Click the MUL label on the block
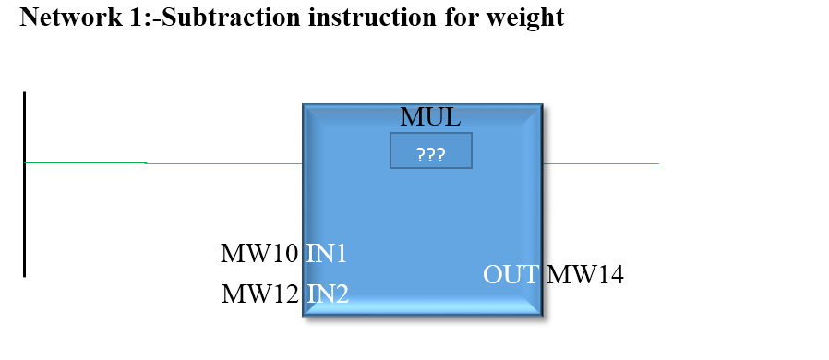[429, 117]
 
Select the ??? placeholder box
[431, 150]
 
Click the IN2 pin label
[327, 294]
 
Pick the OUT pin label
[511, 274]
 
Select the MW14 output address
[585, 274]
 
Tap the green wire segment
[85, 162]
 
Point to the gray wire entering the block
[224, 163]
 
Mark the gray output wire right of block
[600, 163]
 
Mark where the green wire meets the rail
[26, 162]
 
